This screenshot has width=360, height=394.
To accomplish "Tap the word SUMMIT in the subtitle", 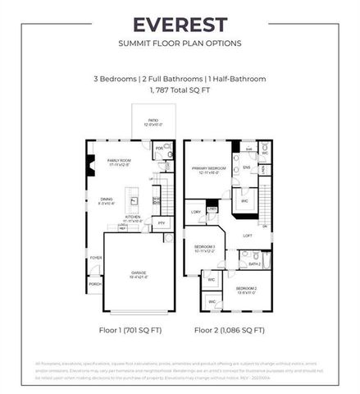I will [x=134, y=43].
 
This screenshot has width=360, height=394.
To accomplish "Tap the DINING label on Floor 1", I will [x=107, y=199].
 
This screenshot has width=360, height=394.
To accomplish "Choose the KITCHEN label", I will [x=134, y=218].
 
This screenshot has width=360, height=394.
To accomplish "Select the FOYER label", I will [x=95, y=258].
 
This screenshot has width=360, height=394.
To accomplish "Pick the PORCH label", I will [x=95, y=284].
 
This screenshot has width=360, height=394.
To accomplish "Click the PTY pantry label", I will [x=162, y=222].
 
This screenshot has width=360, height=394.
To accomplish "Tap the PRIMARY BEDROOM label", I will [x=209, y=168].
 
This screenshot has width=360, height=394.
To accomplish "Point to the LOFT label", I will [x=246, y=236].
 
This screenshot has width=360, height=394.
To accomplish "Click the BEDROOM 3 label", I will [x=204, y=247].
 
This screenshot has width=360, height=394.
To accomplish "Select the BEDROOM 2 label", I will [x=247, y=288].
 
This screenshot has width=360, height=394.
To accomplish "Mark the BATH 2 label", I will [x=253, y=263].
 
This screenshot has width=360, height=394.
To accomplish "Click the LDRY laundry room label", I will [x=195, y=212].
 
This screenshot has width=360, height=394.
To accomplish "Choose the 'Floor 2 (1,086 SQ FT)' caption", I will [x=229, y=331].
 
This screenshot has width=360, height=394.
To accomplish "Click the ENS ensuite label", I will [x=246, y=167].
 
